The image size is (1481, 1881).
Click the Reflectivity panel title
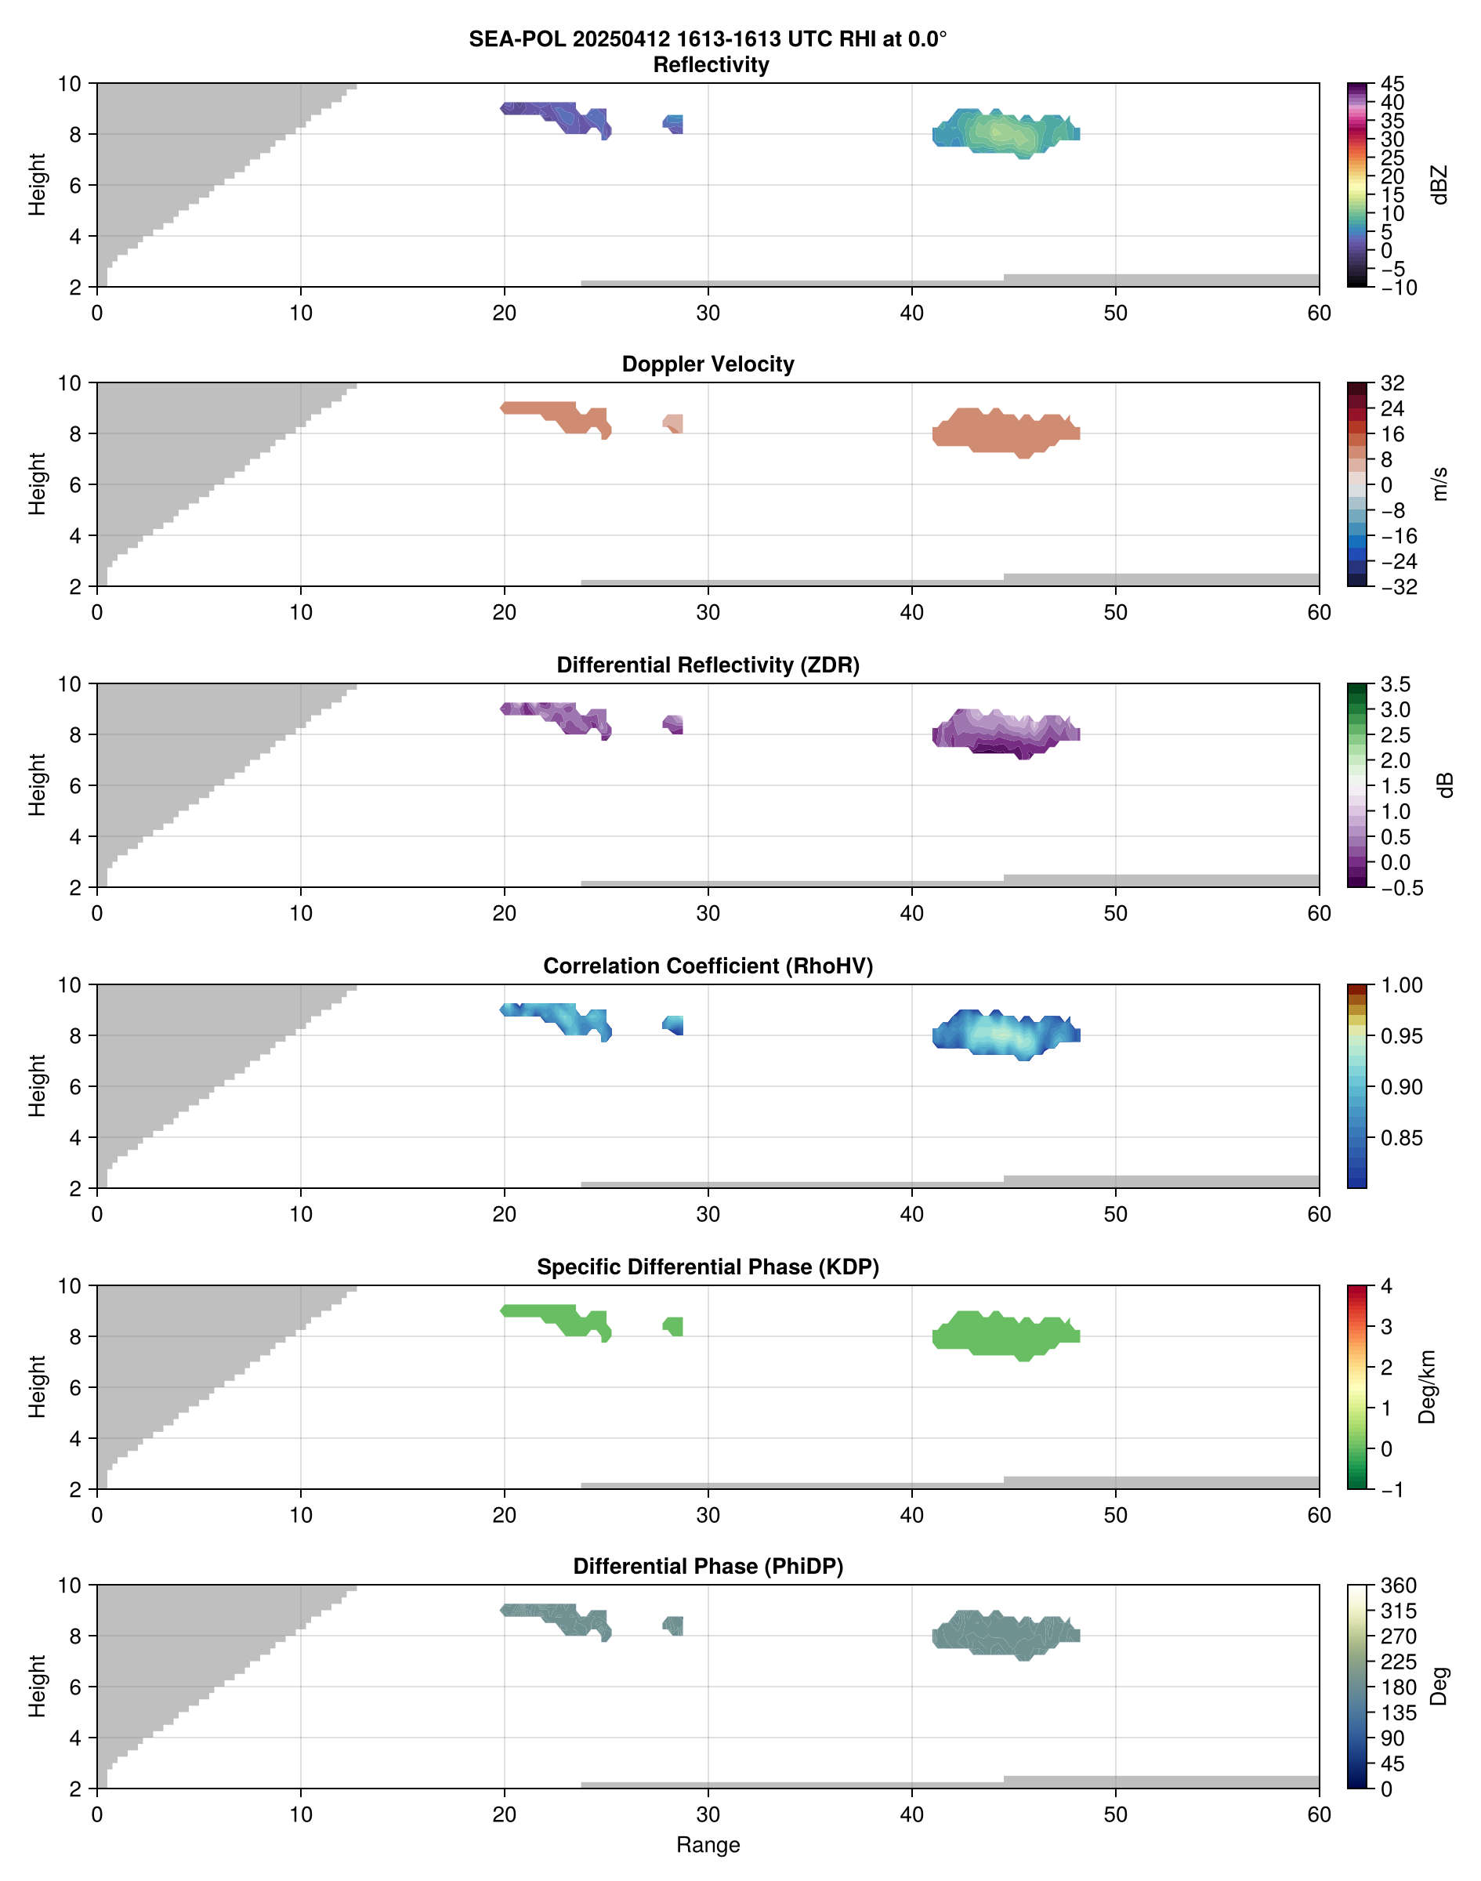711,65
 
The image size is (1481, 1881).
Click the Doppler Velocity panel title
708,364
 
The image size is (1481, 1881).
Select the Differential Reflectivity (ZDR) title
708,665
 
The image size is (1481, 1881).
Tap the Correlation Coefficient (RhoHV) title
708,966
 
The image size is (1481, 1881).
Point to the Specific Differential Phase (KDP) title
708,1267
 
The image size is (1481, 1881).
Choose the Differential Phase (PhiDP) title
708,1566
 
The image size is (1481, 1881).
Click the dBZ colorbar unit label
1439,185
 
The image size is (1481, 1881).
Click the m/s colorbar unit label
1439,484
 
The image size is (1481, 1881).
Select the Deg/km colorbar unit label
1426,1386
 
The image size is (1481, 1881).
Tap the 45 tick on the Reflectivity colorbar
1392,84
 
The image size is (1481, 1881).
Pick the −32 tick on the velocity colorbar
1398,587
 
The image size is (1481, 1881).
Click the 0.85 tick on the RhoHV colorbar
1400,1138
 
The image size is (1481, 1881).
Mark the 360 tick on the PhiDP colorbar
1398,1586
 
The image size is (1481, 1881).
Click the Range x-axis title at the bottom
708,1845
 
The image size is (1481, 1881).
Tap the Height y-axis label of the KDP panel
36,1386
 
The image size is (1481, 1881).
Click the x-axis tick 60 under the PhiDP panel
1318,1814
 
